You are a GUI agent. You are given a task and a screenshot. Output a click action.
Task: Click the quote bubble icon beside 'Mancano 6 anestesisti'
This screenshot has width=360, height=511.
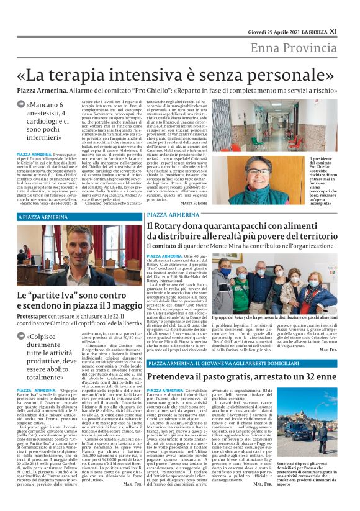(x=22, y=104)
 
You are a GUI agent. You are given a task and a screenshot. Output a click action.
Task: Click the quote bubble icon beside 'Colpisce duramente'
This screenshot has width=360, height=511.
(x=22, y=337)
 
